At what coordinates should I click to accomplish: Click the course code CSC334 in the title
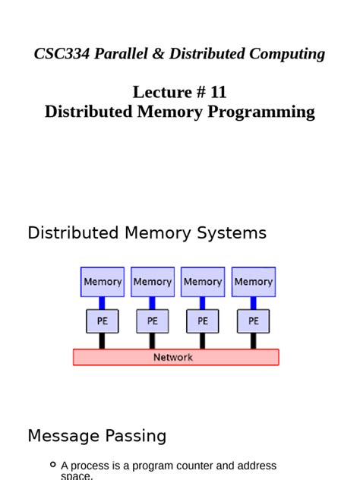tap(62, 54)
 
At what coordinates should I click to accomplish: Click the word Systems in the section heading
tap(235, 233)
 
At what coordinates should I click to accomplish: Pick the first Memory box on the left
tap(103, 282)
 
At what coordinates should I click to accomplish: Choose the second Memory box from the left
tap(153, 282)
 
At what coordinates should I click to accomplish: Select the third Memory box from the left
tap(203, 282)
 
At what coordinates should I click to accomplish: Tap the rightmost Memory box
tap(253, 282)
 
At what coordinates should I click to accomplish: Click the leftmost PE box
tap(103, 321)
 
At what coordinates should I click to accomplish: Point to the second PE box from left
tap(153, 321)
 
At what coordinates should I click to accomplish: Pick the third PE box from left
tap(203, 321)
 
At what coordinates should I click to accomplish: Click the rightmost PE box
tap(253, 321)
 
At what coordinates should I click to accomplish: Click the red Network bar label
tap(173, 357)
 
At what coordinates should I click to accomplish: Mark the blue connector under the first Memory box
tap(103, 303)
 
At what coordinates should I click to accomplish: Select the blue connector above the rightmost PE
tap(253, 303)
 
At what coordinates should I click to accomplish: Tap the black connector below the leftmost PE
tap(103, 341)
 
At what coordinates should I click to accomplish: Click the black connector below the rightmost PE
tap(253, 341)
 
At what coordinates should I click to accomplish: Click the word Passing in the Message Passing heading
tap(131, 436)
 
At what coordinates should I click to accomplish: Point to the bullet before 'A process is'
tap(52, 465)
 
